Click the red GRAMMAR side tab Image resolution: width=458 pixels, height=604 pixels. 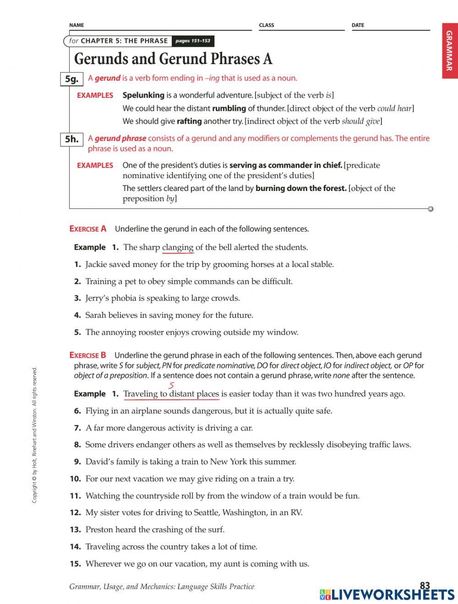449,51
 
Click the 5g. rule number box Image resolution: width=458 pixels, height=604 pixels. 71,79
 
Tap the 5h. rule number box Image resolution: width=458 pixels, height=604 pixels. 71,139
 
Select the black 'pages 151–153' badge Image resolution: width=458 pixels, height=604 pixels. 192,41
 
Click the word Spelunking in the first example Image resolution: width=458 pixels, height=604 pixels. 143,95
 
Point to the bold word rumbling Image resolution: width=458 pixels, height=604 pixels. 229,109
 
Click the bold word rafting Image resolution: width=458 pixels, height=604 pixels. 189,121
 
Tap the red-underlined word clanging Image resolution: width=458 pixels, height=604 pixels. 178,248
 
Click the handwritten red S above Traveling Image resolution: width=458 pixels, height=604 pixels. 171,386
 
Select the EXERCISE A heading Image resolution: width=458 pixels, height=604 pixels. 88,229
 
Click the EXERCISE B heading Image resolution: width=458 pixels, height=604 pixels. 88,355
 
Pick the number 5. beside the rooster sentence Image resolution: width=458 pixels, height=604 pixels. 77,332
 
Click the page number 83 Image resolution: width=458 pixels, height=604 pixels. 425,586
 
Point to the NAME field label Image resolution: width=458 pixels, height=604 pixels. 76,25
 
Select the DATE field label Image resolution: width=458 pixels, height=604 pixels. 358,25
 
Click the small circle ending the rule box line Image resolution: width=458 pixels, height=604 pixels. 431,209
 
